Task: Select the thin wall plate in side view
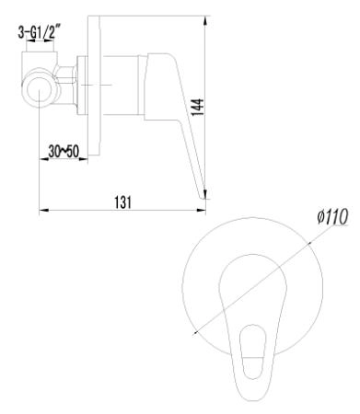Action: click(91, 92)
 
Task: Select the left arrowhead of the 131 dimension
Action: click(43, 211)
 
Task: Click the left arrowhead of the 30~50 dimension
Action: click(43, 158)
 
